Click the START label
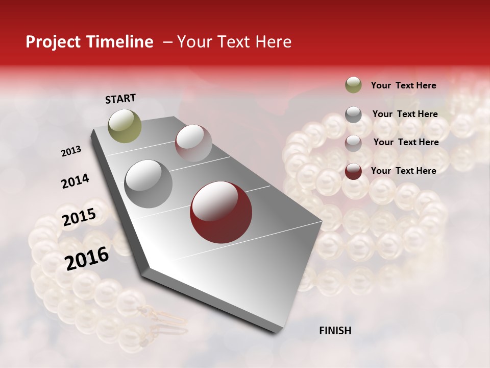pos(120,99)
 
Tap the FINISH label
pos(335,331)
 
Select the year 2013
pos(71,151)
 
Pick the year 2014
pos(75,181)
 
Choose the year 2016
pos(87,258)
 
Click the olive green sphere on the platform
pos(125,126)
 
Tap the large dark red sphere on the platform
pos(221,212)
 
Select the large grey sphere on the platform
pos(148,184)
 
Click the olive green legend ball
pos(353,85)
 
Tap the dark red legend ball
pos(353,171)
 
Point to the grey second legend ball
pos(353,114)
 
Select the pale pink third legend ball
pos(353,143)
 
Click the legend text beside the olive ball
pos(403,85)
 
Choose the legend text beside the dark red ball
pos(403,171)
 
